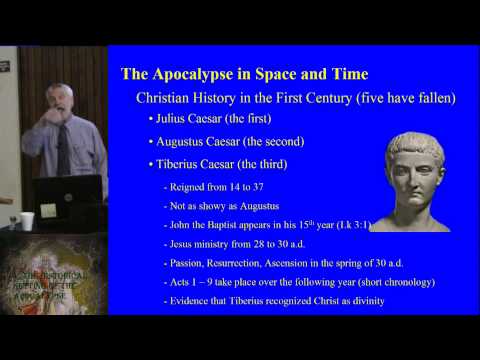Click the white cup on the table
click(27, 221)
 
